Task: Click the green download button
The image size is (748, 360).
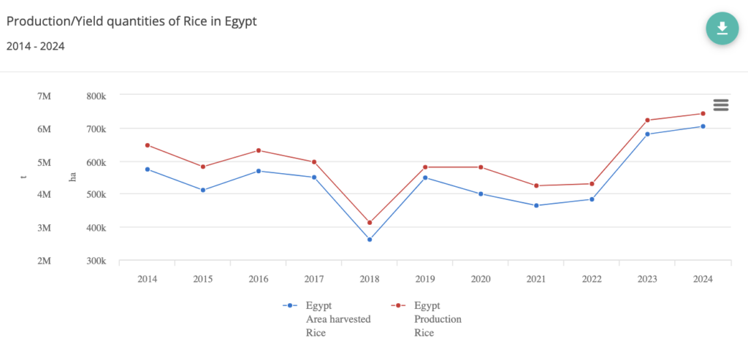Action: click(x=722, y=28)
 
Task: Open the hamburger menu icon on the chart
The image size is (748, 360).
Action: click(x=721, y=105)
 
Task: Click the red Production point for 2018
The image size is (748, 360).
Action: click(x=370, y=223)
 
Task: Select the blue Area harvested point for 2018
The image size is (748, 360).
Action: click(x=370, y=240)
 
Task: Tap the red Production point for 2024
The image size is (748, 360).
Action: click(x=703, y=113)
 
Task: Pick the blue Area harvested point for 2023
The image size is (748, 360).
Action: click(x=647, y=134)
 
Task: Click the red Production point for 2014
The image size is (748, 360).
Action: click(x=148, y=145)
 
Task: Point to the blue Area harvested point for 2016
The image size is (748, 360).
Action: click(x=259, y=171)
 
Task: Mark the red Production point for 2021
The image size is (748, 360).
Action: click(x=536, y=185)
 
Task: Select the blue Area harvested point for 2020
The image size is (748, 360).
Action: click(x=481, y=194)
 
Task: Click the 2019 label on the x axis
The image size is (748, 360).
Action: click(x=425, y=280)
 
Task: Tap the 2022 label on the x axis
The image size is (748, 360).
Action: click(x=592, y=280)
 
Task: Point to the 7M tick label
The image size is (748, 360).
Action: click(x=44, y=96)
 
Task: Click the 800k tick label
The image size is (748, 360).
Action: click(x=96, y=96)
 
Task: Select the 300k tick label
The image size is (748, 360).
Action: click(x=96, y=261)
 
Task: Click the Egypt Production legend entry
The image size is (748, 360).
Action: click(x=434, y=319)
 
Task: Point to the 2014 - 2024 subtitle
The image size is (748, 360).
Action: click(x=35, y=47)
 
